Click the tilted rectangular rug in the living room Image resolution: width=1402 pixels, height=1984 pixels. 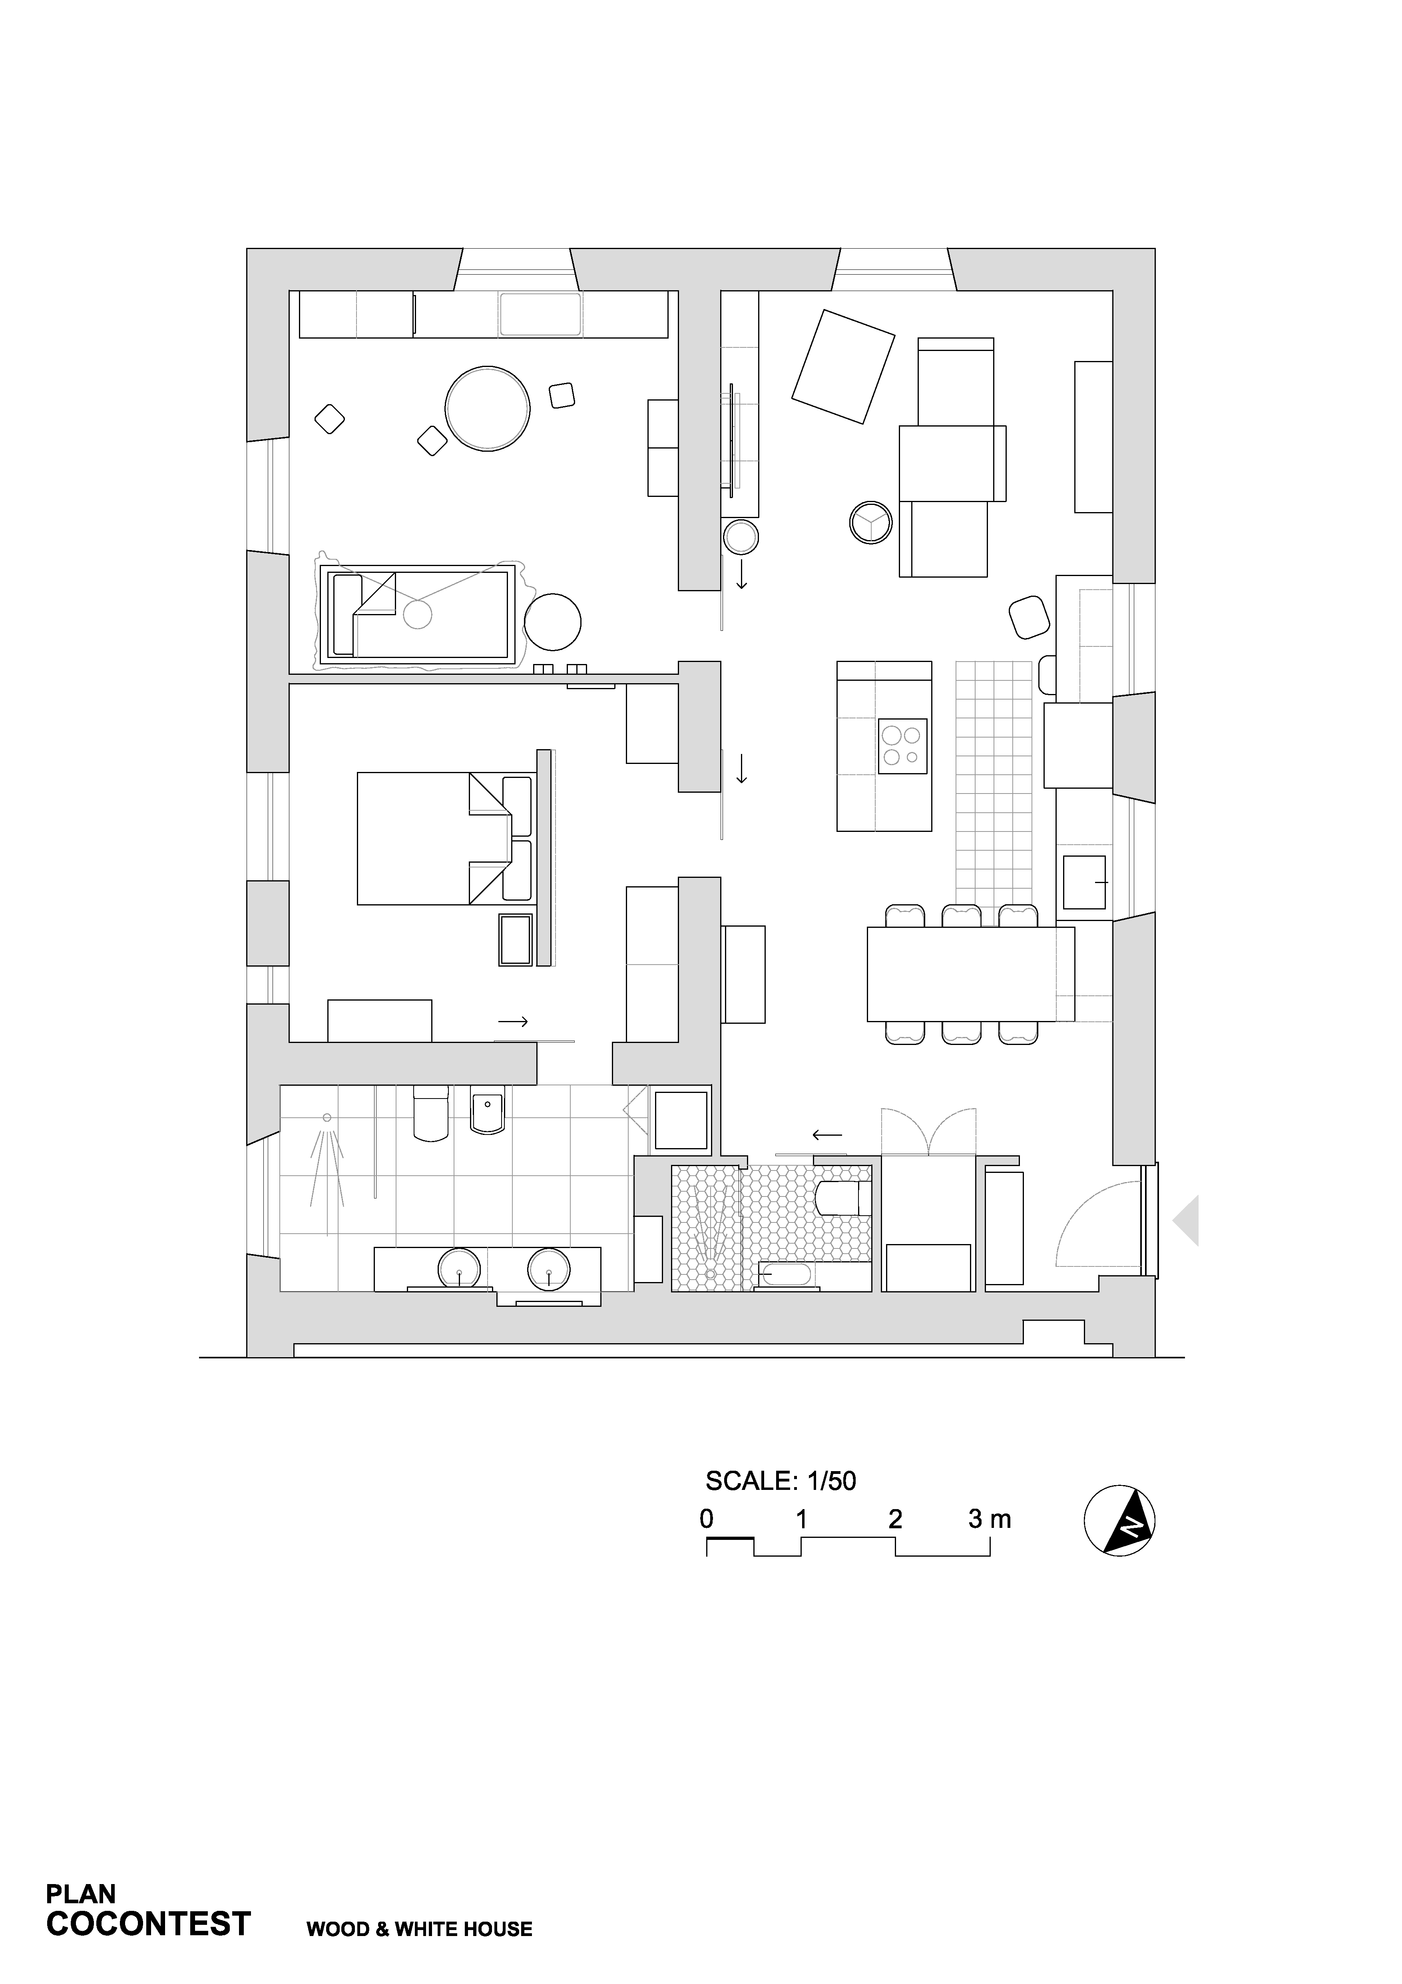[x=843, y=367]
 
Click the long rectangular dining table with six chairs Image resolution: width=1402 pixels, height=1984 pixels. [x=971, y=974]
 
